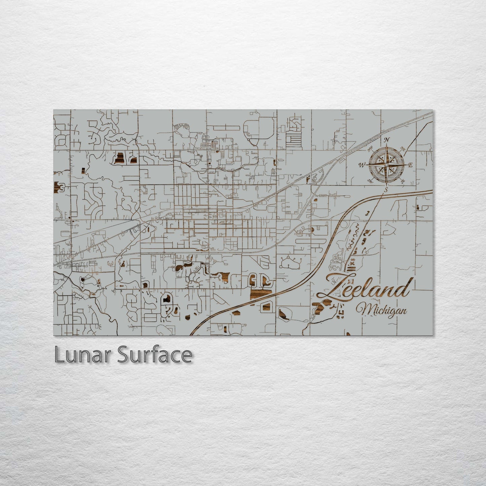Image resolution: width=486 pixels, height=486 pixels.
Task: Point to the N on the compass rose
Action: [x=387, y=140]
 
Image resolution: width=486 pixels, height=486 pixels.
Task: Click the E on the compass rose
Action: [x=410, y=165]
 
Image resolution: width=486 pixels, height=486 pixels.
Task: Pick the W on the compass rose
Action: [x=362, y=165]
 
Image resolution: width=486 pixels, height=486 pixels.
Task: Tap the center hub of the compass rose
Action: [x=386, y=165]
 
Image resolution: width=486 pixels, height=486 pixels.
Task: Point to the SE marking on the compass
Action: [x=403, y=182]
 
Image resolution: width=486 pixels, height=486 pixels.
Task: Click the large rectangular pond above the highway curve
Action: [x=261, y=294]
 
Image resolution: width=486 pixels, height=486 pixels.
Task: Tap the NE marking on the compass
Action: [x=403, y=148]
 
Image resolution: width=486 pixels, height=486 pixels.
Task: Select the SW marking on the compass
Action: [x=370, y=181]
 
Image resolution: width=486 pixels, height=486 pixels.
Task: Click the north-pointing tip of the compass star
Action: [x=386, y=146]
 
